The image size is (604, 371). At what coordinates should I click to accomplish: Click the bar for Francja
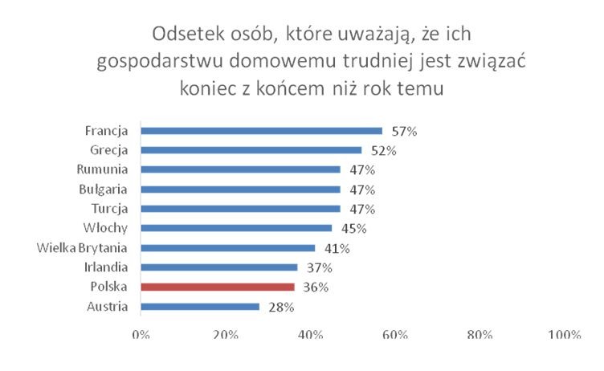click(x=261, y=130)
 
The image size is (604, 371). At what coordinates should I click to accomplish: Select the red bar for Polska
click(x=217, y=287)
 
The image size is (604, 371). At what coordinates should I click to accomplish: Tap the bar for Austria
click(x=200, y=306)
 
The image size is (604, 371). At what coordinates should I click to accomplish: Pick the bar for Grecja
click(x=251, y=150)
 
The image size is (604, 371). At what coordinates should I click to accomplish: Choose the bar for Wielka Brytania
click(x=227, y=247)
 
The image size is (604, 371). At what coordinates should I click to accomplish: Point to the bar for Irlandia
click(x=218, y=267)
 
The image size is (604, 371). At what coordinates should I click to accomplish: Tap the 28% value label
click(x=281, y=307)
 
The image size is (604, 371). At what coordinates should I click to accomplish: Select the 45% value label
click(x=353, y=228)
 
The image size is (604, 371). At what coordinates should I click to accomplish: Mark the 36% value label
click(x=316, y=287)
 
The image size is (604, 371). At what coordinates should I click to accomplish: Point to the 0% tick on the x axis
click(x=141, y=335)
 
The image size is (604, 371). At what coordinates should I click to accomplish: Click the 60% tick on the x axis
click(x=396, y=335)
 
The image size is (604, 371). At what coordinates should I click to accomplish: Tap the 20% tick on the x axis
click(x=226, y=335)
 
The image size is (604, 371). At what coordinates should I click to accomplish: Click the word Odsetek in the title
click(x=186, y=36)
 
